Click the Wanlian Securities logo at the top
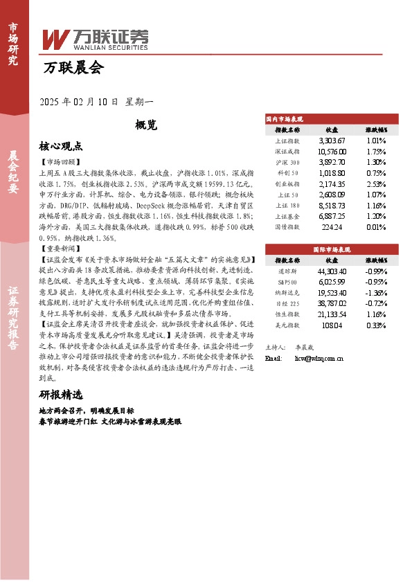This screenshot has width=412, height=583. coord(95,38)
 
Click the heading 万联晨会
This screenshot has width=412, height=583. coord(73,68)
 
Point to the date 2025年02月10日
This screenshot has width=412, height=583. coord(79,101)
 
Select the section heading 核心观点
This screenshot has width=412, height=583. coord(61,146)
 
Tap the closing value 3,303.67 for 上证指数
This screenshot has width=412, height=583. coord(331,141)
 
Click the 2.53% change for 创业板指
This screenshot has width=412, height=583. coord(376,183)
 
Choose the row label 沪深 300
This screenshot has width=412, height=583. coord(287,162)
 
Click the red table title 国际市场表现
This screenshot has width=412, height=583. coord(332,249)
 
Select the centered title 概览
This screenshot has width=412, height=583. coord(146,125)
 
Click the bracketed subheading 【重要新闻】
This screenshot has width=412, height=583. coord(60,247)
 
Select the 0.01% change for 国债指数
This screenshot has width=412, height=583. coord(376,226)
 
